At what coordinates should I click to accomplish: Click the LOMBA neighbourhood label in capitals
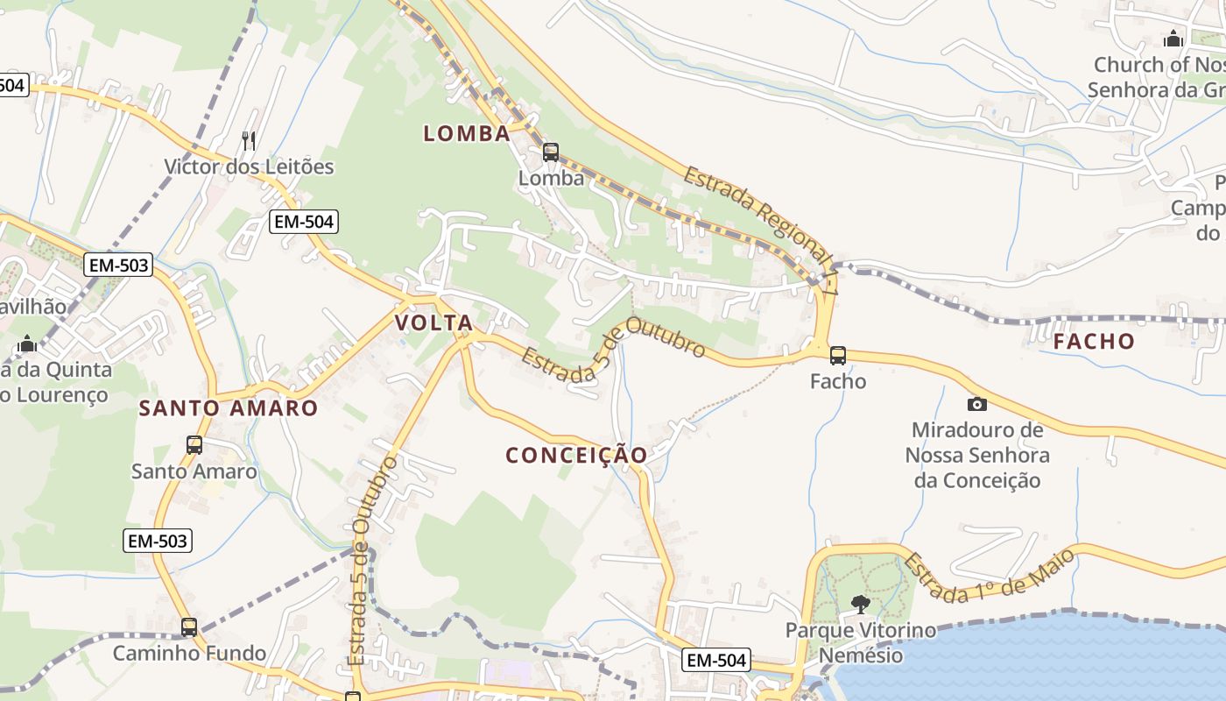(x=467, y=133)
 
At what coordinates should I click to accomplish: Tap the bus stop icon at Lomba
(x=550, y=152)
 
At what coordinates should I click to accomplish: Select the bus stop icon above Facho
(x=838, y=355)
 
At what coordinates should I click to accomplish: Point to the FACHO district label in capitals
(x=1094, y=342)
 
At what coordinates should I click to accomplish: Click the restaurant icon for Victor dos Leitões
(x=250, y=140)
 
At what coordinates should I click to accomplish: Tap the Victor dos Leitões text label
(x=250, y=166)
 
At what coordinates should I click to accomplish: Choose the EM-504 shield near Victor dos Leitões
(x=304, y=222)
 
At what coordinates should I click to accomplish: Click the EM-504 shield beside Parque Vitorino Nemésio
(x=716, y=660)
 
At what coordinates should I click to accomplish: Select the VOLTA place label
(x=433, y=322)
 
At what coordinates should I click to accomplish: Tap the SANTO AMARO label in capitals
(x=229, y=408)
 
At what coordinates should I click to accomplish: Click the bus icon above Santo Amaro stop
(x=194, y=444)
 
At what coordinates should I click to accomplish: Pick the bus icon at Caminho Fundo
(x=189, y=627)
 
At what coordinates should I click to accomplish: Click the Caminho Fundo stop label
(x=189, y=653)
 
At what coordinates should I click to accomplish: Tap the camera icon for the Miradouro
(x=976, y=404)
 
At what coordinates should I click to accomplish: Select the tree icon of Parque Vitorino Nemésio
(x=861, y=604)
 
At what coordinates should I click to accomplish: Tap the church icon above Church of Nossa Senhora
(x=1173, y=39)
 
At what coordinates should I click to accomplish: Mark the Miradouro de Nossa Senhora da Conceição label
(x=976, y=455)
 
